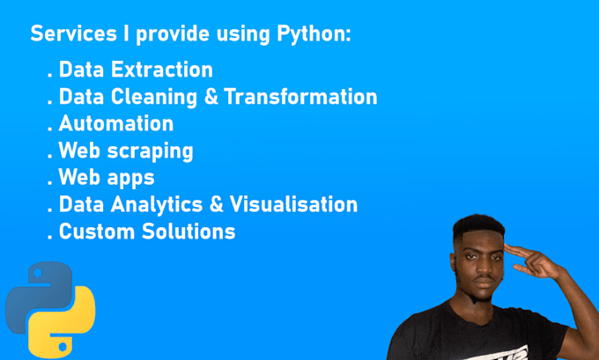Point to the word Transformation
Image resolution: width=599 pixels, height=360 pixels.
point(300,97)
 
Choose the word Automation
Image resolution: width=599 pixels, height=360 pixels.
point(115,123)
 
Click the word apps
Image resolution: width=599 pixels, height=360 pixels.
point(131,178)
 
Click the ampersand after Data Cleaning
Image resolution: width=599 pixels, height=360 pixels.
point(212,97)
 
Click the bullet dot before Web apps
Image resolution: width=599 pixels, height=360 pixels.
point(49,183)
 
